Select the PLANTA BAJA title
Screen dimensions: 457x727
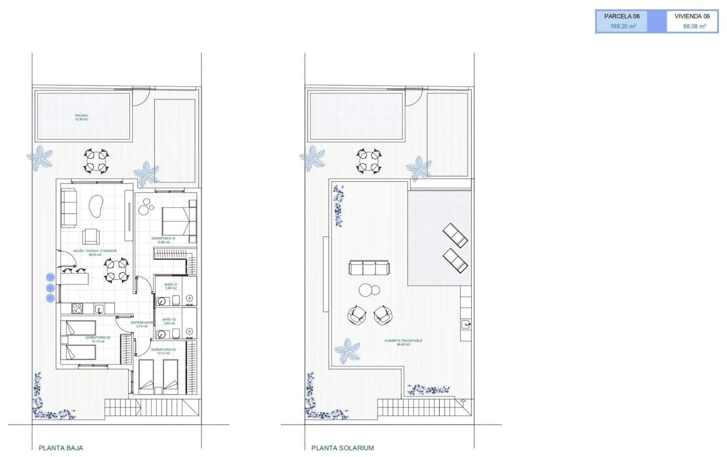(61, 448)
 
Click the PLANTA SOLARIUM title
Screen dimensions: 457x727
(343, 448)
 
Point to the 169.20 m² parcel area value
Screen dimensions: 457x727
(622, 26)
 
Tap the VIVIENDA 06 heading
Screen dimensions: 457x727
(692, 16)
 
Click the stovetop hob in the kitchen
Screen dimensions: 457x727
(77, 308)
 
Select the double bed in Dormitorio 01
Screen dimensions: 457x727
(175, 221)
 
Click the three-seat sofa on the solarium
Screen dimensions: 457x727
(368, 268)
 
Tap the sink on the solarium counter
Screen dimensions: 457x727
(466, 324)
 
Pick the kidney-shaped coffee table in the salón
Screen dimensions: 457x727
(96, 206)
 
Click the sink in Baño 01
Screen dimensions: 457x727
(161, 301)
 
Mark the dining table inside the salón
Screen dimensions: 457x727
(117, 270)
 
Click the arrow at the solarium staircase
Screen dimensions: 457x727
(463, 402)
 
